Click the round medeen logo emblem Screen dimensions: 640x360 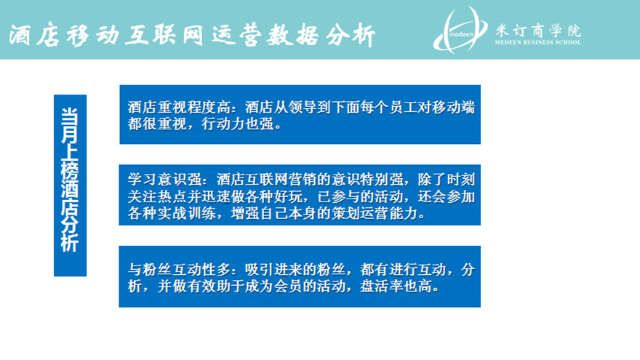460,31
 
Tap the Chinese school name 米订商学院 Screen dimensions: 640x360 538,31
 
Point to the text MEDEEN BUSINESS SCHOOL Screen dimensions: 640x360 538,42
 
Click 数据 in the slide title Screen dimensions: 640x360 292,35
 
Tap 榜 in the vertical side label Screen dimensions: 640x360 70,169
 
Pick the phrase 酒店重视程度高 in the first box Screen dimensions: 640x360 179,108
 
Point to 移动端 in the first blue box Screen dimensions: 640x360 453,108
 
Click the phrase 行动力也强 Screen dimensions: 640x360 238,124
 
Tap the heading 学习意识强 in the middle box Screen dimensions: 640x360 164,180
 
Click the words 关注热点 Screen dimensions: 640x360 157,197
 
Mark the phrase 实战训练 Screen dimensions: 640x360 186,214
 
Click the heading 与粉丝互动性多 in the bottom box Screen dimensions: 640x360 179,270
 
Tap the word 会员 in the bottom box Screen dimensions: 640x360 288,287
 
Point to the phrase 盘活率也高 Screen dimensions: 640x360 396,287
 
